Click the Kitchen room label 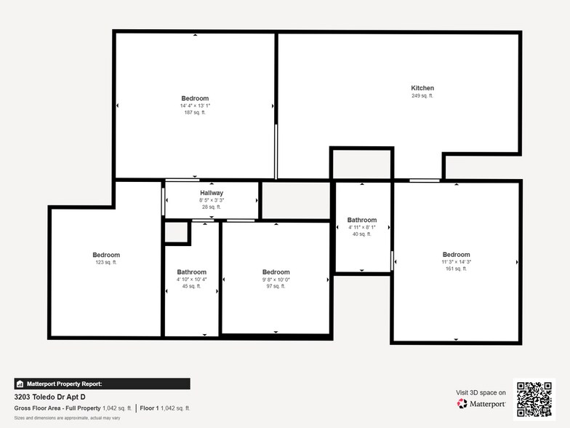point(422,88)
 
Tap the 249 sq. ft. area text point(422,96)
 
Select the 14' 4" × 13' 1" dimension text point(195,106)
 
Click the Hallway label point(212,193)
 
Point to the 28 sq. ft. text point(212,207)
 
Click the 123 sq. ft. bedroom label point(106,262)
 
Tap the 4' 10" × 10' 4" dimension point(192,280)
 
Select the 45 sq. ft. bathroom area point(192,287)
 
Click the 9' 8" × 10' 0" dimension point(276,280)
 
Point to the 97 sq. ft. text point(276,287)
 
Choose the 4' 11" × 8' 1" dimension point(362,227)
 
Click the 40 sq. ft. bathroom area point(362,234)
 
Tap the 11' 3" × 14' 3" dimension point(457,262)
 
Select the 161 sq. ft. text point(457,269)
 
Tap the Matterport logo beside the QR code point(481,403)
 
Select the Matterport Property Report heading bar point(102,384)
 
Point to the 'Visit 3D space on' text point(481,392)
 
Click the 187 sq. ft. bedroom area point(195,113)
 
